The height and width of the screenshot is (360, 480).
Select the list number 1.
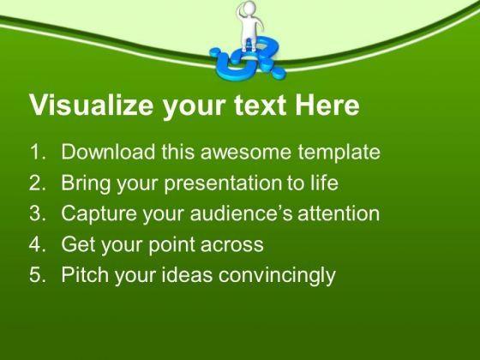(x=37, y=153)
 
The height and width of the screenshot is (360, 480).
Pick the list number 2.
(x=37, y=183)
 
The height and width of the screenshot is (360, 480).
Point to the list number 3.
(x=37, y=213)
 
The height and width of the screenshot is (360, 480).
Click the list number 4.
(x=37, y=244)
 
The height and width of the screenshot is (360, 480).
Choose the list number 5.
(x=37, y=274)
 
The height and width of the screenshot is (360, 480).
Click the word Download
(x=108, y=152)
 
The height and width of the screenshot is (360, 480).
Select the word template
(x=339, y=153)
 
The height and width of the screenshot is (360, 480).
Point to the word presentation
(x=223, y=183)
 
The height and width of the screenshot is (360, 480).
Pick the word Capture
(x=99, y=213)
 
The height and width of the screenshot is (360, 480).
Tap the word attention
(x=339, y=213)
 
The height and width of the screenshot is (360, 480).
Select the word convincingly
(x=277, y=275)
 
